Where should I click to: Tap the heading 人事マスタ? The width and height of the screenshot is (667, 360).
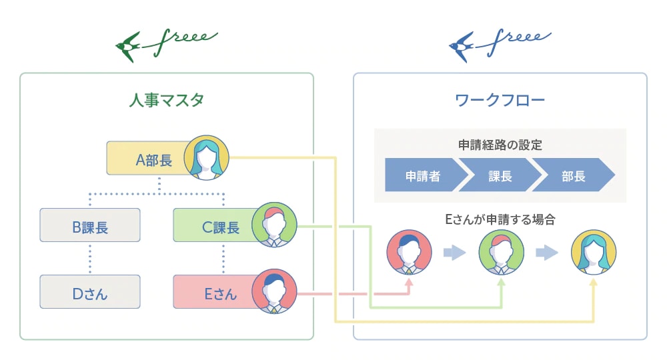(x=166, y=101)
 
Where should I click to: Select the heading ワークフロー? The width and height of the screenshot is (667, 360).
(x=500, y=101)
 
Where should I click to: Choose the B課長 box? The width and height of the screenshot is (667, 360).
(x=90, y=225)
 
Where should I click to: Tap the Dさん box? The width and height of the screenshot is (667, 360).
(x=90, y=292)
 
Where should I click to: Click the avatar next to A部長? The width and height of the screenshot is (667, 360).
(x=207, y=159)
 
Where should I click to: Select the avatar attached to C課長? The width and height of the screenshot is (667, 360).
(x=274, y=224)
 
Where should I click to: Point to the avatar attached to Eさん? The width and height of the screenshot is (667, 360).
(x=274, y=291)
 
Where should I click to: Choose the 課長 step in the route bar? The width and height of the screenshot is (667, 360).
(x=500, y=176)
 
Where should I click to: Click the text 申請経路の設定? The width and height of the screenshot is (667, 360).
(x=500, y=145)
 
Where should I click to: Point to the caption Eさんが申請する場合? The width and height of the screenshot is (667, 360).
(x=500, y=219)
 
